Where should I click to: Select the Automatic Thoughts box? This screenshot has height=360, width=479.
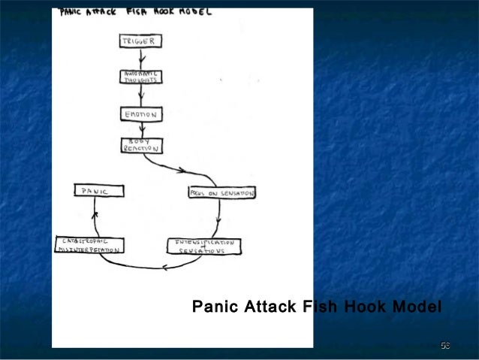tap(139, 76)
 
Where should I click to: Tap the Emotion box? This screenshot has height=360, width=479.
tap(140, 114)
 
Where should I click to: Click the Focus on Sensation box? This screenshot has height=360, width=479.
tap(221, 193)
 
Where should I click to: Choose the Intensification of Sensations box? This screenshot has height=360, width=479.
tap(204, 246)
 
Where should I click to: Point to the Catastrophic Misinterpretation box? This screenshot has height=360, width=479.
tap(90, 244)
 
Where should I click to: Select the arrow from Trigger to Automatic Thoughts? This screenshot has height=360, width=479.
tap(140, 59)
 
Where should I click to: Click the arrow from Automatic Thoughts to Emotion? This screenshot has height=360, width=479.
tap(140, 95)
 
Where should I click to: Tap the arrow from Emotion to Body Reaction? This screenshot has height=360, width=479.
tap(139, 130)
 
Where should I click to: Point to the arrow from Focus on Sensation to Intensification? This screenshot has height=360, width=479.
tap(218, 219)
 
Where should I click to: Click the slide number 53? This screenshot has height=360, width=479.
tap(445, 345)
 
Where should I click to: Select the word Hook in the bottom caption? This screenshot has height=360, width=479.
tap(368, 307)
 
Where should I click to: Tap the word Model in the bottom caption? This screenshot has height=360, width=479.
tap(417, 307)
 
